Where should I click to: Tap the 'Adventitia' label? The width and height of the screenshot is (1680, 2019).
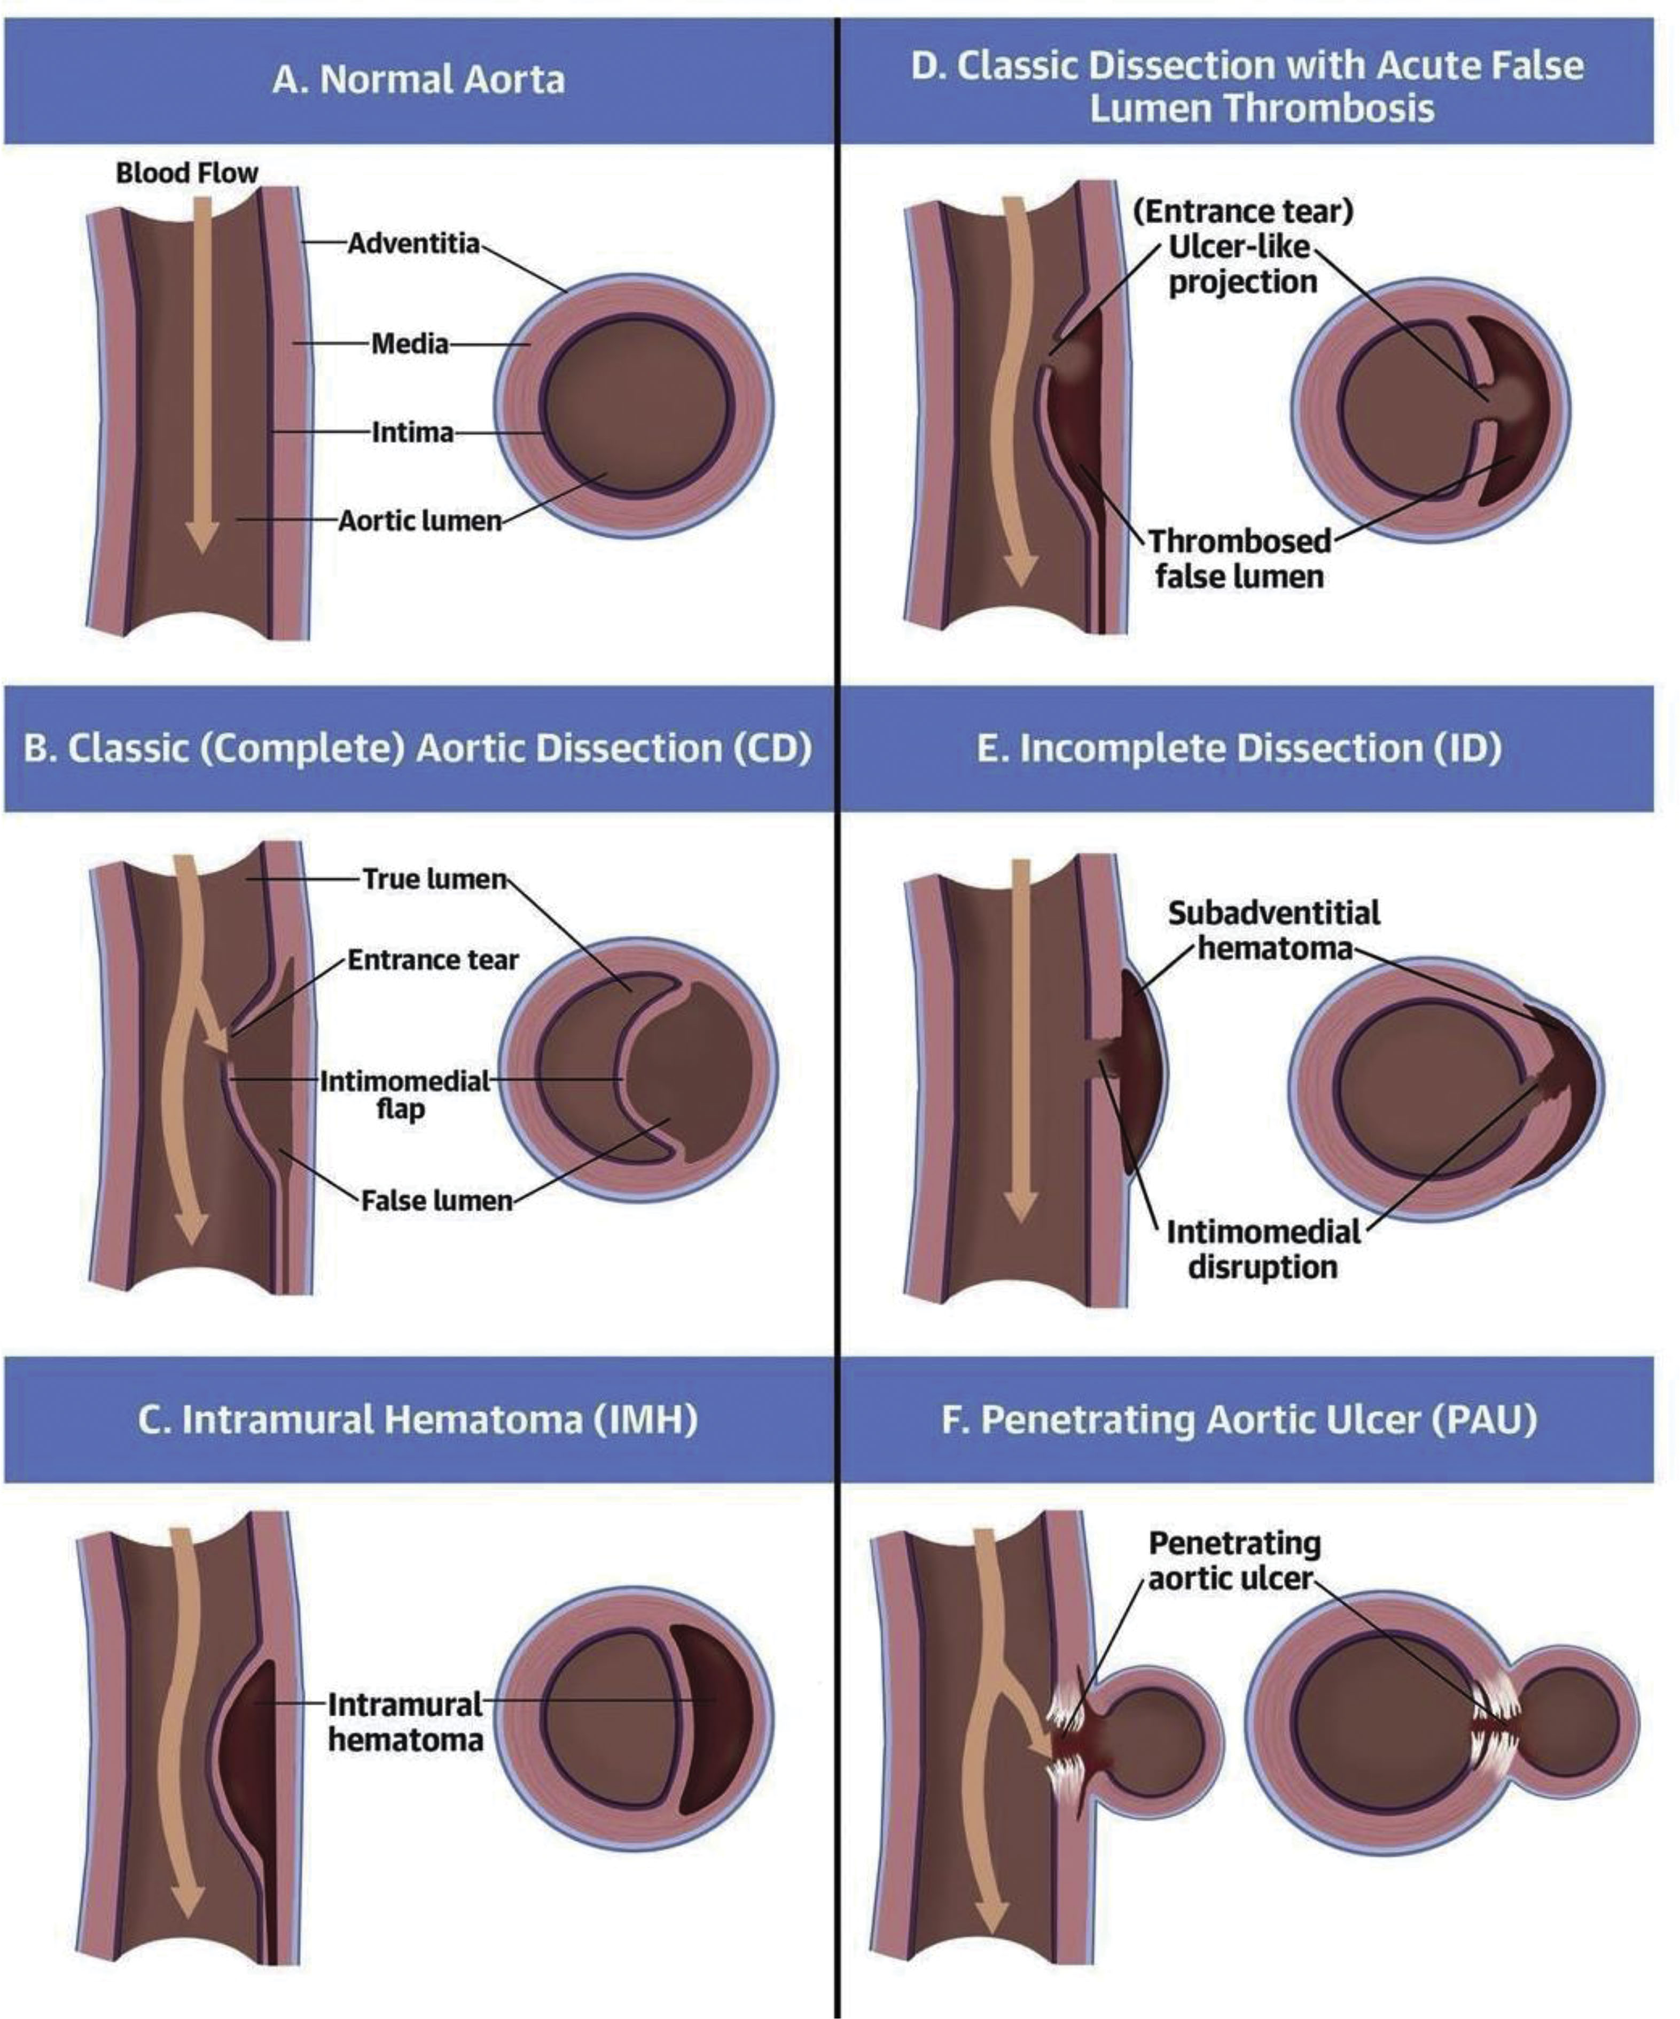click(413, 243)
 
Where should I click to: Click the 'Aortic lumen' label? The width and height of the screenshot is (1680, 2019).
click(420, 521)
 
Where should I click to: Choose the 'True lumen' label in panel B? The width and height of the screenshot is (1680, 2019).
click(434, 879)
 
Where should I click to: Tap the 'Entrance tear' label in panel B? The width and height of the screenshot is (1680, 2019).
click(433, 960)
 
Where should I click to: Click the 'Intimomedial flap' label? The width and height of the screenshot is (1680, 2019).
click(404, 1094)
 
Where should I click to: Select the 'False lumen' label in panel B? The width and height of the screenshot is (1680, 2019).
click(436, 1201)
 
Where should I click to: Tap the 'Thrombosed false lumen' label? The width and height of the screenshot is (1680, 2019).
click(1239, 559)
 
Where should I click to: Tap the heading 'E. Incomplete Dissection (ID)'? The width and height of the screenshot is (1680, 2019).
click(1239, 748)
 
